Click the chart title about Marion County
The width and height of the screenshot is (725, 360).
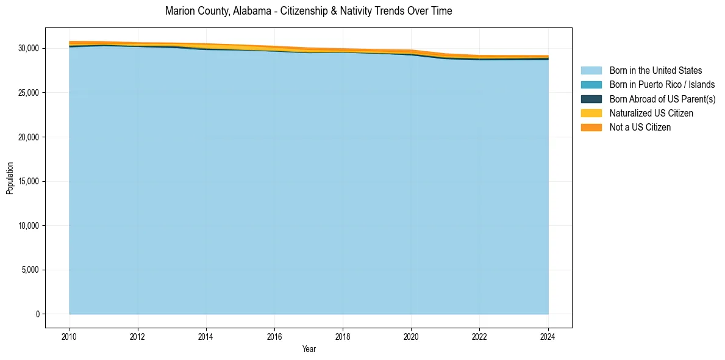point(309,11)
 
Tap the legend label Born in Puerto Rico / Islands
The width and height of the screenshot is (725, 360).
point(662,85)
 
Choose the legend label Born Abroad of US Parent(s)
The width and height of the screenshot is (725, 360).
point(662,99)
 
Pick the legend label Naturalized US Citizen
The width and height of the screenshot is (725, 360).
point(651,113)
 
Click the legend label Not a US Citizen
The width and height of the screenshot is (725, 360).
point(640,128)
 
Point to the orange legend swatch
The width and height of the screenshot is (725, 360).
point(591,128)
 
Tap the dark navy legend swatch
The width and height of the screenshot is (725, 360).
point(591,99)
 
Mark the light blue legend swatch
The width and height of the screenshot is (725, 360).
point(591,71)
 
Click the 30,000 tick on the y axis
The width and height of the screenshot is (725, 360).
point(28,48)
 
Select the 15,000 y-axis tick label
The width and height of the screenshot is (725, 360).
point(28,181)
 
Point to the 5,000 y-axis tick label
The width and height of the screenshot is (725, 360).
point(30,270)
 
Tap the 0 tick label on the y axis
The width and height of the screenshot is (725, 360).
point(37,314)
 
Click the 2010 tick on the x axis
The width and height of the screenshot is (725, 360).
point(70,336)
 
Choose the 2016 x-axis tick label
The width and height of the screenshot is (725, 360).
point(274,336)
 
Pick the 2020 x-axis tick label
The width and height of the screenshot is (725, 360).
point(411,336)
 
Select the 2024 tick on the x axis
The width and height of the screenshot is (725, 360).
point(548,336)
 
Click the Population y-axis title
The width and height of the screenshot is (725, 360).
point(10,178)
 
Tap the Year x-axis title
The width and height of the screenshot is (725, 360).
point(309,349)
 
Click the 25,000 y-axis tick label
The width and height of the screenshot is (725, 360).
point(28,93)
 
